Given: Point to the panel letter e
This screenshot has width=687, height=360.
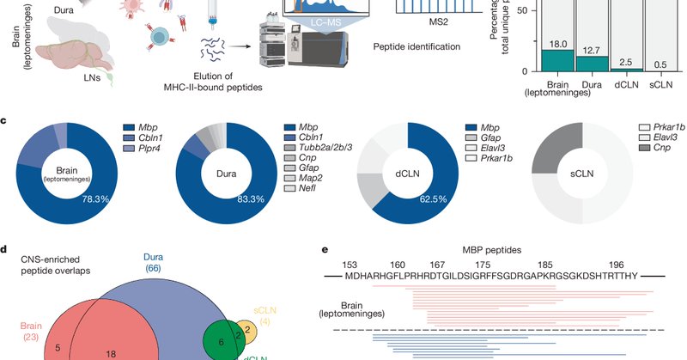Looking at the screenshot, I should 325,251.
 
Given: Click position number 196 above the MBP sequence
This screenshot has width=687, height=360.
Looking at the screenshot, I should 617,265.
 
